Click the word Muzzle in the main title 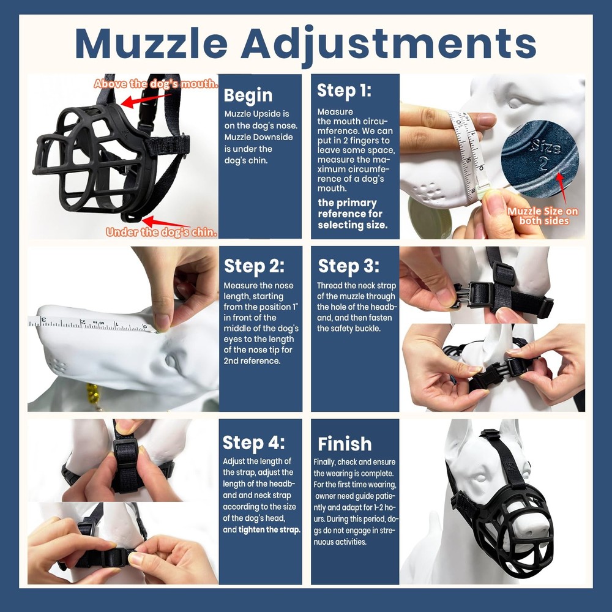tap(151, 43)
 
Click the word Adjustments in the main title tap(389, 45)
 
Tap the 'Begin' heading tap(248, 95)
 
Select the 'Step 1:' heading tap(344, 90)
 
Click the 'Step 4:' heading tap(254, 442)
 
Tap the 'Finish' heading tap(345, 444)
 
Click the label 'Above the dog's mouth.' tap(155, 84)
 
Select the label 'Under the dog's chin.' tap(162, 232)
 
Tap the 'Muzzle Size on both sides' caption tap(543, 216)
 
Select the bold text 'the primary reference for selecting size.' tap(353, 214)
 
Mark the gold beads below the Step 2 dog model tap(94, 394)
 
